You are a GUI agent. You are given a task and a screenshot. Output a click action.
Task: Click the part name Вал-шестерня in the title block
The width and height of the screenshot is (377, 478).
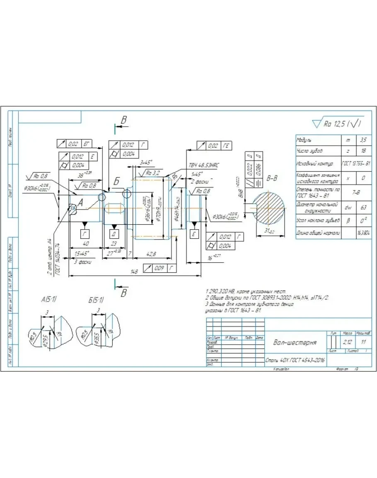pos(295,342)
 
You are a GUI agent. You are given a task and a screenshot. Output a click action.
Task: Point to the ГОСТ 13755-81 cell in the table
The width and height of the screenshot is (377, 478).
pos(356,164)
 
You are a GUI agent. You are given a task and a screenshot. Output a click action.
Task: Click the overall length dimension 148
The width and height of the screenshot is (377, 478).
pos(134,271)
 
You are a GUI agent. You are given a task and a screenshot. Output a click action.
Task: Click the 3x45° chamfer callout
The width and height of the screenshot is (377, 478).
pos(146,162)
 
